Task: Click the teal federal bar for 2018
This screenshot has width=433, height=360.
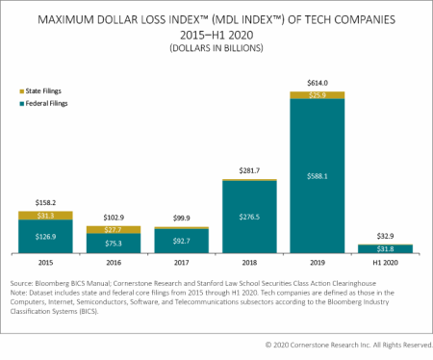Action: [249, 218]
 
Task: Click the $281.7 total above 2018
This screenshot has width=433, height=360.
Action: [249, 169]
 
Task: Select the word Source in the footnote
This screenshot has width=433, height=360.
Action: [24, 290]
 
